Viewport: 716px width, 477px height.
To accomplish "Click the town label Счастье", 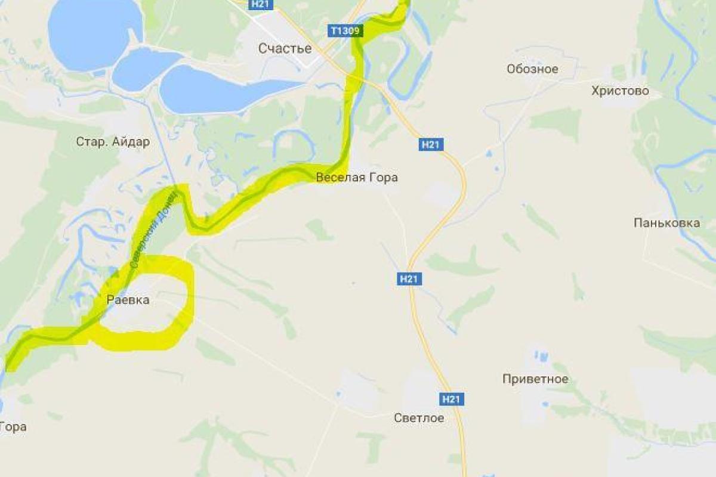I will pos(285,48).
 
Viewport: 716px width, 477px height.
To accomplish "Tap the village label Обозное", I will pos(532,69).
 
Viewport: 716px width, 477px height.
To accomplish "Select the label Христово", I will pos(619,91).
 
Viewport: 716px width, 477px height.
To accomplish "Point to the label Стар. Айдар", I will pos(113,142).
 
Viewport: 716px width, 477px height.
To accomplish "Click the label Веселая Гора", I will pos(357,178).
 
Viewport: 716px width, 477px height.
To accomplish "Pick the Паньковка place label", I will pos(666,223).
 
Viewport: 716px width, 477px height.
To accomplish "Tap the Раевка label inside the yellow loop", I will pos(128,301).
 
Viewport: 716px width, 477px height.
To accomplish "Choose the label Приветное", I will pos(535,379).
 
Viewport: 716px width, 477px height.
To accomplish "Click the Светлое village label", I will pos(419,418).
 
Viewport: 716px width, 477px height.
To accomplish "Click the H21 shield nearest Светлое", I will pos(452,399).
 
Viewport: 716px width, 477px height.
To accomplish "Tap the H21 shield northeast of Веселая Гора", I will pos(432,144).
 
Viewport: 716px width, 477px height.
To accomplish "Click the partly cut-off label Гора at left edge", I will pos(13,427).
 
